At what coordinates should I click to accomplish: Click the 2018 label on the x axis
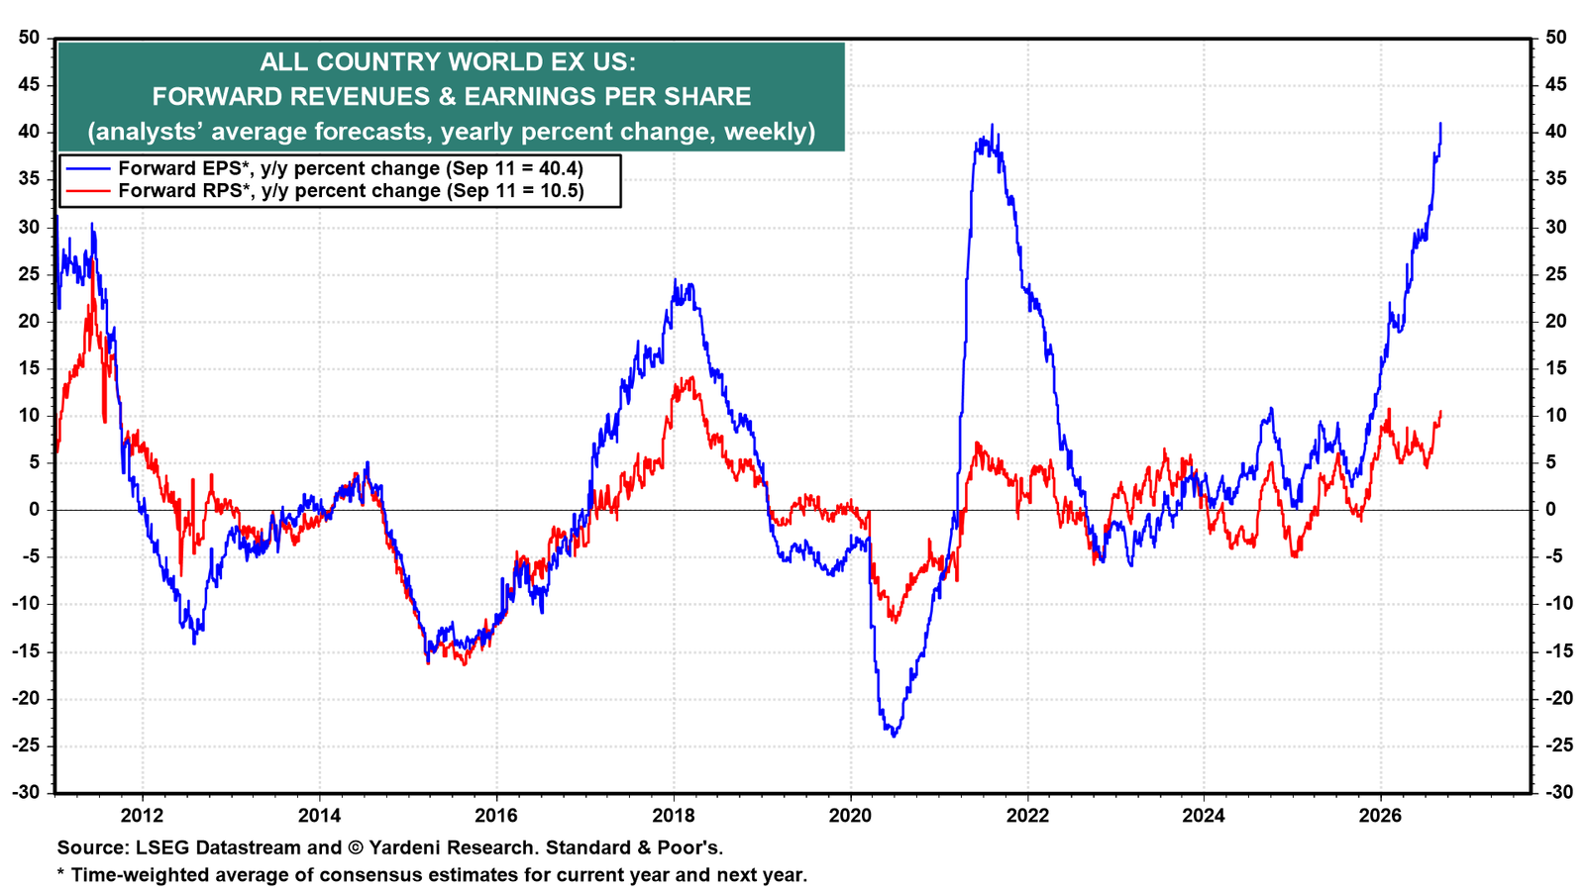(673, 816)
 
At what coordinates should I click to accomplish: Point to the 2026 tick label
(1381, 816)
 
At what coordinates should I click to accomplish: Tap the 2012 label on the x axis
(143, 816)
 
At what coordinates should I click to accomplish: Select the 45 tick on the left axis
(29, 85)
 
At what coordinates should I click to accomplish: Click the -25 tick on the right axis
(1556, 745)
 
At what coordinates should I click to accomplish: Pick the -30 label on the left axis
(26, 793)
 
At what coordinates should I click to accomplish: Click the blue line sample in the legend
(88, 168)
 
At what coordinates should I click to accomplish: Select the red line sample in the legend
(88, 191)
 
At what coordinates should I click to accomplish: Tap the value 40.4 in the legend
(558, 168)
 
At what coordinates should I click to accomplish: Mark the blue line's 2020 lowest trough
(894, 737)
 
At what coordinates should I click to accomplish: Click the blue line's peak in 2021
(992, 125)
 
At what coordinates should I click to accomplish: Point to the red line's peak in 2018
(691, 377)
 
